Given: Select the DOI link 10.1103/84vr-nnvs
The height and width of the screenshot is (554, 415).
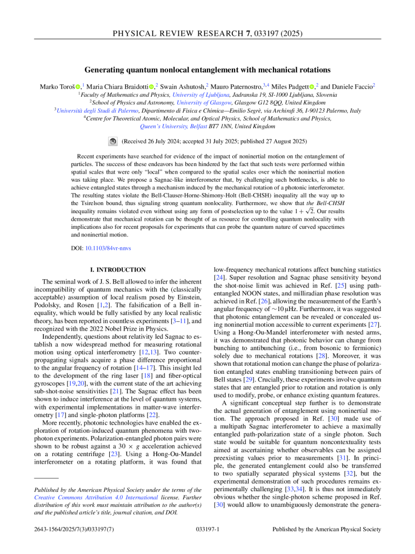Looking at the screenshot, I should tap(109, 248).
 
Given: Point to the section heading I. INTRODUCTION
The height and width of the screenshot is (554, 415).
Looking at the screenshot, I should tap(117, 269).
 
